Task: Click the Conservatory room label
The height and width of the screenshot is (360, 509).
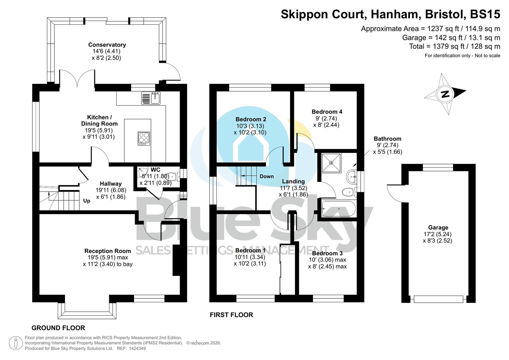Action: pyautogui.click(x=107, y=45)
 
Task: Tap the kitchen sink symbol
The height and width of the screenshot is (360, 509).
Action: pyautogui.click(x=151, y=98)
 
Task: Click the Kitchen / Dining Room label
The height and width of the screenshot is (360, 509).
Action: pyautogui.click(x=99, y=120)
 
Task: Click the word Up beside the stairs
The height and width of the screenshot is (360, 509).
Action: pyautogui.click(x=87, y=201)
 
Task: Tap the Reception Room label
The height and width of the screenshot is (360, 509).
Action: pyautogui.click(x=107, y=251)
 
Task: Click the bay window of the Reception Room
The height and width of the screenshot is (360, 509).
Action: pyautogui.click(x=87, y=311)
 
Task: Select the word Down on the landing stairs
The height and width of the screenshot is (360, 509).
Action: pyautogui.click(x=267, y=176)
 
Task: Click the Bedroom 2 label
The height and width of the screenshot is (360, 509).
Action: pyautogui.click(x=251, y=119)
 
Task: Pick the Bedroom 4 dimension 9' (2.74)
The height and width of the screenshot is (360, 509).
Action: pyautogui.click(x=326, y=118)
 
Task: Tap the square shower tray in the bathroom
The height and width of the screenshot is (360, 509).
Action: pyautogui.click(x=331, y=163)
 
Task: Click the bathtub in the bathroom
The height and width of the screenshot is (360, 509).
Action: pyautogui.click(x=338, y=209)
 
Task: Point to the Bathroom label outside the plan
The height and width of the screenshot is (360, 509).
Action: pyautogui.click(x=387, y=139)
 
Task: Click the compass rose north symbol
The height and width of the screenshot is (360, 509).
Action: pyautogui.click(x=445, y=94)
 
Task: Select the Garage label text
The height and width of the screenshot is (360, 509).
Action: pyautogui.click(x=438, y=228)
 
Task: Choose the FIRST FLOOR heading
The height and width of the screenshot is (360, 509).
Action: pyautogui.click(x=231, y=315)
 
